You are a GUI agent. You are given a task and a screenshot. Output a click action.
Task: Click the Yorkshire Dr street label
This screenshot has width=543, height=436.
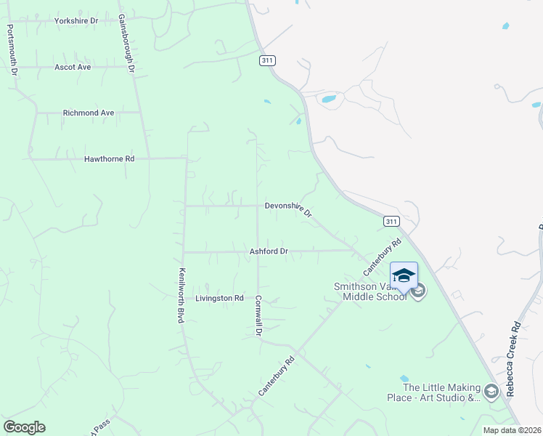[x=76, y=21]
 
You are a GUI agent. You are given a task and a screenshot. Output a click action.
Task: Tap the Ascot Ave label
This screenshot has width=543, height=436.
[x=73, y=67]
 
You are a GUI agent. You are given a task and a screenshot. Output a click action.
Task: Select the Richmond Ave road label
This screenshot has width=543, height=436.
[x=89, y=113]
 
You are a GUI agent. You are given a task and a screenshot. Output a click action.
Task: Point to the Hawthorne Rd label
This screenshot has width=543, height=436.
[x=110, y=158]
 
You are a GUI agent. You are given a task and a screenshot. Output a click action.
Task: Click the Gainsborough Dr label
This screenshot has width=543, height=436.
[x=127, y=43]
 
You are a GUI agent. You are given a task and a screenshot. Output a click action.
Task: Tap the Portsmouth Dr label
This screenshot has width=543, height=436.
[x=12, y=50]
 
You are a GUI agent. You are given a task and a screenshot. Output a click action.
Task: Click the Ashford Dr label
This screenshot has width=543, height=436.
[x=269, y=251]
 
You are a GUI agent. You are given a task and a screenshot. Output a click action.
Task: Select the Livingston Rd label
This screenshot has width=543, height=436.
[x=219, y=298]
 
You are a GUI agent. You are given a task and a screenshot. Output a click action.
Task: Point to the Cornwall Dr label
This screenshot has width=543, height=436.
[x=258, y=315]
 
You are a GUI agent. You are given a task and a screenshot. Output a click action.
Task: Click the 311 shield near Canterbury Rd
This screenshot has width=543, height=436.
[x=391, y=221]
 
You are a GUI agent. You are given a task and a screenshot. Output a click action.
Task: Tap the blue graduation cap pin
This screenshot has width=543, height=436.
[x=404, y=277]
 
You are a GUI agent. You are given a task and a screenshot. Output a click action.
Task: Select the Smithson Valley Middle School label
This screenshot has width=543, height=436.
[x=370, y=291]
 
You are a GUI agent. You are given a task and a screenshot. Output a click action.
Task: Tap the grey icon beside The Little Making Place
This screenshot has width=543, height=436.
[x=491, y=392]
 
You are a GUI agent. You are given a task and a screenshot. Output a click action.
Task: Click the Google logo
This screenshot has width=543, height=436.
[x=25, y=427]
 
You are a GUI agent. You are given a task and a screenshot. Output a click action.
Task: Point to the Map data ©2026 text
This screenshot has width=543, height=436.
[x=512, y=430]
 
